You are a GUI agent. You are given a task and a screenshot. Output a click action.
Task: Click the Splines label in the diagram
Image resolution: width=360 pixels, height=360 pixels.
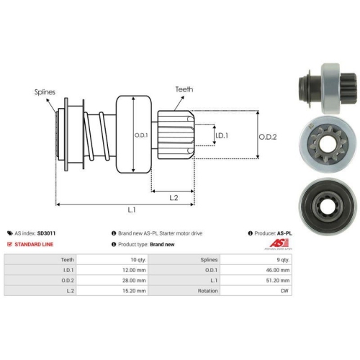45,92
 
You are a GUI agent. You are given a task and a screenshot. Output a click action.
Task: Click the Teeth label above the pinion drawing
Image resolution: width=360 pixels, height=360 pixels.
184,89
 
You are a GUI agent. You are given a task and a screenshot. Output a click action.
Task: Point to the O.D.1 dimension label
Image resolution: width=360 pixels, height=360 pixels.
141,135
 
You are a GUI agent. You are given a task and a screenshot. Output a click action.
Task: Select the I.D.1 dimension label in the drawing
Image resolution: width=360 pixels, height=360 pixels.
222,136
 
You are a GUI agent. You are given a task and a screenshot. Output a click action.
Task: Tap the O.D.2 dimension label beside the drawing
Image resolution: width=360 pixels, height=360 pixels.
268,137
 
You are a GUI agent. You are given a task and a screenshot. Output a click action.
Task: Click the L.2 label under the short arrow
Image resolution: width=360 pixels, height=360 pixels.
174,198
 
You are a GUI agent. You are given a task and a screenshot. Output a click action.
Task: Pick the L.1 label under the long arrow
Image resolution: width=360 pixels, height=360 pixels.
132,210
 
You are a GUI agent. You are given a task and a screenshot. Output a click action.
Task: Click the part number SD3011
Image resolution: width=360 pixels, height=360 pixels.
46,233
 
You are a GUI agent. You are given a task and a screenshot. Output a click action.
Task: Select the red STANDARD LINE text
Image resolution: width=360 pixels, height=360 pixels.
34,244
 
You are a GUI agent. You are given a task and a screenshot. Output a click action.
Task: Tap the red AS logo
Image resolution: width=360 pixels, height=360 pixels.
279,243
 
